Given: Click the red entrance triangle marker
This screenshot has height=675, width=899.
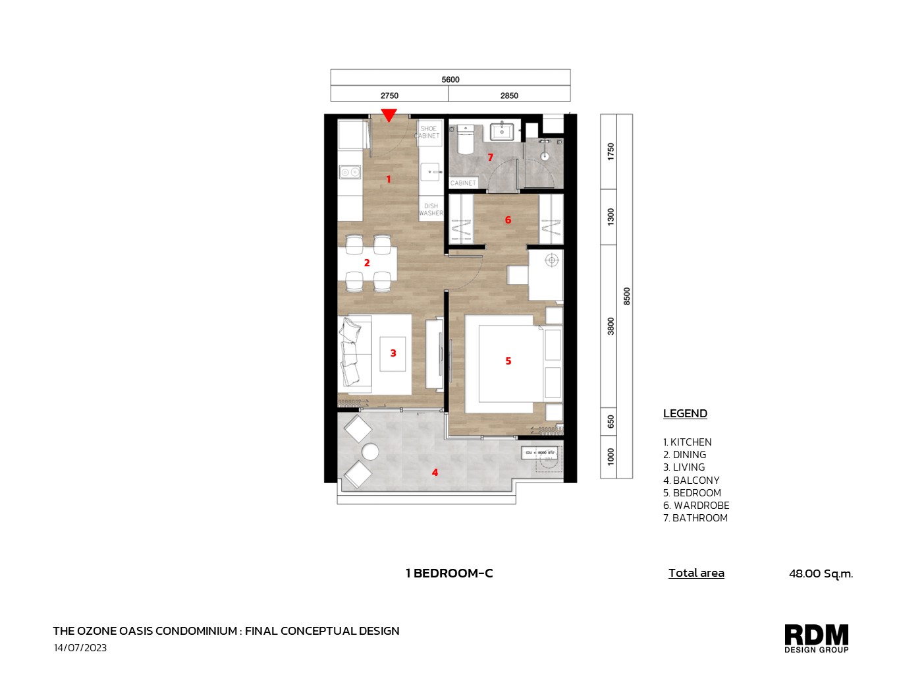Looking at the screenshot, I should pyautogui.click(x=389, y=115).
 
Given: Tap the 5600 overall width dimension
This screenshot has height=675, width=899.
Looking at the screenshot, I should pyautogui.click(x=450, y=79).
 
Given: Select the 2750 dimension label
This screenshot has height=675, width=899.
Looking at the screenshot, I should pyautogui.click(x=389, y=96).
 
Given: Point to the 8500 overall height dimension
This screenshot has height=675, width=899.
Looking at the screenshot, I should pyautogui.click(x=626, y=296).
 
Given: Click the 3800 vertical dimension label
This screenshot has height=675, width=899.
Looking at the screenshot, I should pyautogui.click(x=611, y=326).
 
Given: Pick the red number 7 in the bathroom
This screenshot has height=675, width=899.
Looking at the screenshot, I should pyautogui.click(x=490, y=157).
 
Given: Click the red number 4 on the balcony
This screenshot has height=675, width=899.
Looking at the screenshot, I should pyautogui.click(x=435, y=473).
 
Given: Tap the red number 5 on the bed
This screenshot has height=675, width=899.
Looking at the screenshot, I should pyautogui.click(x=508, y=361).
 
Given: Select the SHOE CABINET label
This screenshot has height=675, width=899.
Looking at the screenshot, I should pyautogui.click(x=429, y=132).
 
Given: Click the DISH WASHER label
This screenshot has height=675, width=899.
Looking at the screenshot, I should pyautogui.click(x=431, y=210).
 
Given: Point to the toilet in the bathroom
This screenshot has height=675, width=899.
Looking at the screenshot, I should pyautogui.click(x=465, y=140).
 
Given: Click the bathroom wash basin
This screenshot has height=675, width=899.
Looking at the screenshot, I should pyautogui.click(x=502, y=131).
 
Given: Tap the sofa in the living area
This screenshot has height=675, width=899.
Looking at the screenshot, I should pyautogui.click(x=352, y=353).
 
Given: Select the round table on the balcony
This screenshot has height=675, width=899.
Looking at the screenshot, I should pyautogui.click(x=370, y=452).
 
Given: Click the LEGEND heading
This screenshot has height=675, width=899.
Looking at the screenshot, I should pyautogui.click(x=685, y=413).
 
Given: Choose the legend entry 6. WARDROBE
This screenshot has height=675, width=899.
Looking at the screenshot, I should pyautogui.click(x=696, y=506).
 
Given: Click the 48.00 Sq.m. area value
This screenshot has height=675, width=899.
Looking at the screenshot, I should pyautogui.click(x=821, y=573).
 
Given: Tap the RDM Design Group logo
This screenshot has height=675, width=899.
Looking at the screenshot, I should pyautogui.click(x=816, y=638).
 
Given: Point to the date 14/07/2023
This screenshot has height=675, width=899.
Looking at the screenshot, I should pyautogui.click(x=80, y=648).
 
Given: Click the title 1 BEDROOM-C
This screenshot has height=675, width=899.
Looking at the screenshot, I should pyautogui.click(x=449, y=573).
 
